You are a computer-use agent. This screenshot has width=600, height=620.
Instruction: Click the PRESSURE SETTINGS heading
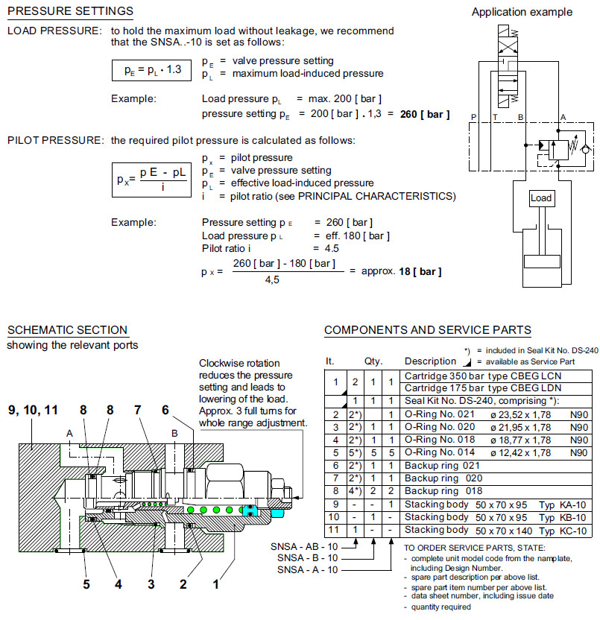click(70, 11)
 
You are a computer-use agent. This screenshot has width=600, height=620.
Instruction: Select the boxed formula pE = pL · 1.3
click(151, 71)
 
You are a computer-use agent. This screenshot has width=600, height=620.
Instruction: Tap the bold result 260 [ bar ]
click(426, 114)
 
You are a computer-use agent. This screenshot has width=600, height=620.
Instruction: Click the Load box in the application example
click(541, 198)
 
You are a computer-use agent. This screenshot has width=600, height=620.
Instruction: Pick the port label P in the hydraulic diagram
click(474, 117)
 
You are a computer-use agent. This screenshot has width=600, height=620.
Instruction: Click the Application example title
click(522, 12)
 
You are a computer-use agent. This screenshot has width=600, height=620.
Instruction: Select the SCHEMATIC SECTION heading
click(67, 330)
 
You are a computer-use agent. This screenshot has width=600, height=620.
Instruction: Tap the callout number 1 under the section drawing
click(216, 584)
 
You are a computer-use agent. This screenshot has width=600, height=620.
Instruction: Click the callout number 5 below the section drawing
click(86, 584)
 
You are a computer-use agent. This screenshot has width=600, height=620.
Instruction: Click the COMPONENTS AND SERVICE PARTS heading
click(428, 330)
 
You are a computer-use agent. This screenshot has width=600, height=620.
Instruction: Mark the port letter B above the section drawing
click(173, 433)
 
